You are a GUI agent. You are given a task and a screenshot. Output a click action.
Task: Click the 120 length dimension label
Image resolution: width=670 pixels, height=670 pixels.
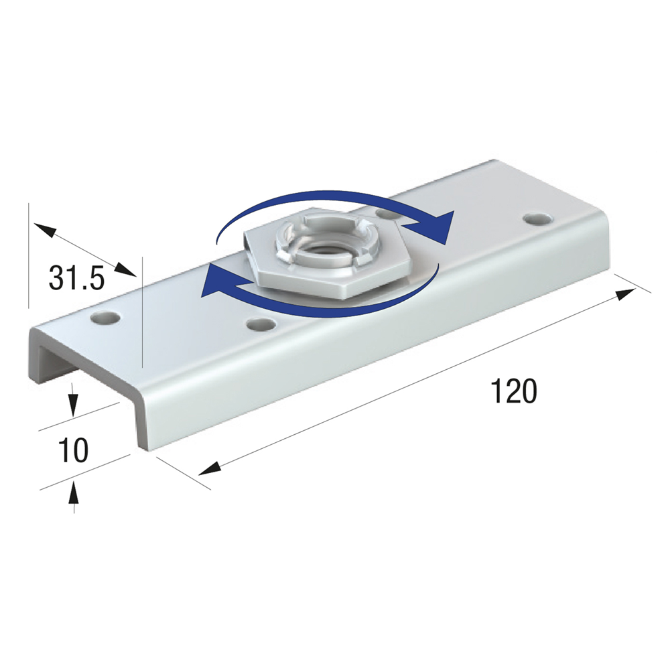pyautogui.click(x=514, y=391)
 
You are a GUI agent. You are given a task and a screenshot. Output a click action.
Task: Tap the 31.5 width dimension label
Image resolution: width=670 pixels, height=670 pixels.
pyautogui.click(x=76, y=278)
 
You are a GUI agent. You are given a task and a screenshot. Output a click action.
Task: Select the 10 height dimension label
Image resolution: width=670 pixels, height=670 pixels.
pyautogui.click(x=74, y=450)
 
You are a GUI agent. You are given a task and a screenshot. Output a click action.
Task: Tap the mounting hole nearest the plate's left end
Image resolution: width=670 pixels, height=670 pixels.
pyautogui.click(x=105, y=318)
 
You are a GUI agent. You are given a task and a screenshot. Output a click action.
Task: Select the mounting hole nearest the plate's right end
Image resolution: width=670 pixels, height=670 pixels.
pyautogui.click(x=537, y=220)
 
